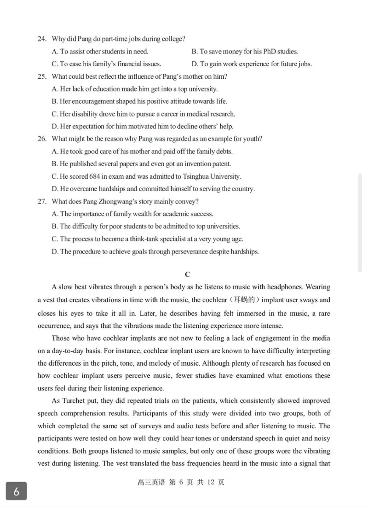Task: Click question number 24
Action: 42,39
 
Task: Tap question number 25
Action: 42,76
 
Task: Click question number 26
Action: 42,139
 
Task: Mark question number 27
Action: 42,201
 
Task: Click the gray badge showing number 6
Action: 16,491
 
